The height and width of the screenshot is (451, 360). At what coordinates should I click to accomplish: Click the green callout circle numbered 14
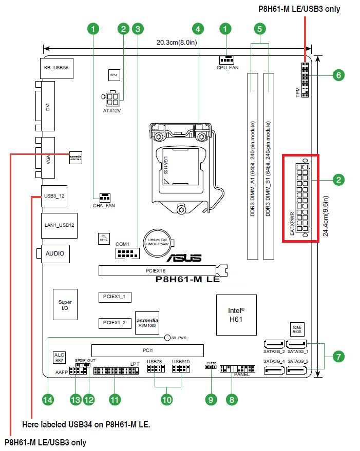coord(48,399)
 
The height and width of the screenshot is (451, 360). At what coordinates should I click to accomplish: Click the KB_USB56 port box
coord(56,68)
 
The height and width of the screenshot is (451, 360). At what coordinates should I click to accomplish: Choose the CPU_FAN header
coord(226,60)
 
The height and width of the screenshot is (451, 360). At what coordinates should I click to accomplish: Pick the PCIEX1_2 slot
coord(114,322)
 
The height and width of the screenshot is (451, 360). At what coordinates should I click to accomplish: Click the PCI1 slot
coord(147,350)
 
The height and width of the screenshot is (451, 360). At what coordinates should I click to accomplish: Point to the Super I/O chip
coord(65,305)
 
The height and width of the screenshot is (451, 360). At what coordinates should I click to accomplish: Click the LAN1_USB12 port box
coord(59,226)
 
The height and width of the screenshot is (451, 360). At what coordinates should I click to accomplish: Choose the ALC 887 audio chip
coord(59,358)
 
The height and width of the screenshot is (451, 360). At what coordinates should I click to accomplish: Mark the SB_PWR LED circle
coord(168,338)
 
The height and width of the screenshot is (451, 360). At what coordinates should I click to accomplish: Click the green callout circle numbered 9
coord(210,399)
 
